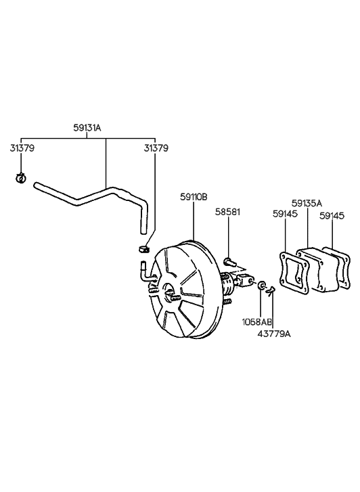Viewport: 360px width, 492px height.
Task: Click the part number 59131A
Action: point(87,128)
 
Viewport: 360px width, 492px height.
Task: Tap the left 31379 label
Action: point(22,148)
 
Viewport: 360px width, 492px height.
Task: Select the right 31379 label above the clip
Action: point(156,148)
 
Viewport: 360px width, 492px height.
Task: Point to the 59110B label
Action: point(194,197)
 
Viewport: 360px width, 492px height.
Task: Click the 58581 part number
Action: point(227,212)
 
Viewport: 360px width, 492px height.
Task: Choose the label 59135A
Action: point(307,203)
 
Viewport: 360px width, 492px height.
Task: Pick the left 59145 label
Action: point(285,214)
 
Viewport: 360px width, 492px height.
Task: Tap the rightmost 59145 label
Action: point(332,216)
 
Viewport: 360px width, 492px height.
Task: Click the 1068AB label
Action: point(257,322)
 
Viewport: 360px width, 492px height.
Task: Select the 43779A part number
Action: point(274,334)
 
